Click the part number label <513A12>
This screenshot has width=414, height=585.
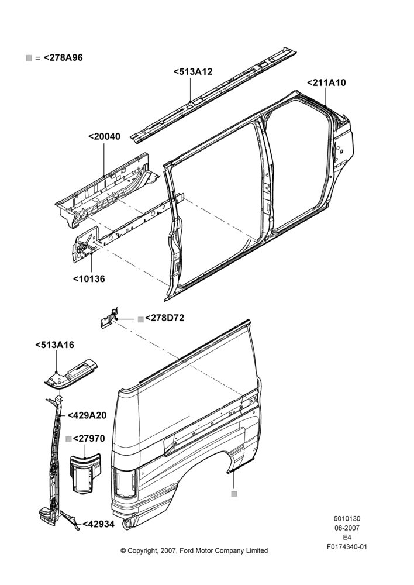click(193, 71)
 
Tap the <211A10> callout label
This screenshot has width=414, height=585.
click(326, 83)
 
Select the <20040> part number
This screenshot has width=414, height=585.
click(105, 136)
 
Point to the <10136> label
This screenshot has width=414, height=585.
click(89, 278)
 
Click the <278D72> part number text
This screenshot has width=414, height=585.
click(164, 318)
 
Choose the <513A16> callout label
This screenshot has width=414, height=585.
click(55, 345)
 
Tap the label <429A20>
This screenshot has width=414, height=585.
click(87, 415)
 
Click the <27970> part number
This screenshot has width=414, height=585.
click(89, 438)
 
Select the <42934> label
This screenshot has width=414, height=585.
click(98, 524)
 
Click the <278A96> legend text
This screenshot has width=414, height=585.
click(63, 58)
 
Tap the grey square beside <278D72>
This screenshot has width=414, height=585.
click(140, 319)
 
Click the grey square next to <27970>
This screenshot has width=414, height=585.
click(68, 439)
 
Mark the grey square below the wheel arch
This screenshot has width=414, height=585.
click(234, 494)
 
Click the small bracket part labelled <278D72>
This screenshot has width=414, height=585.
click(109, 319)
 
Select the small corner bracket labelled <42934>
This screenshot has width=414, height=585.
click(70, 519)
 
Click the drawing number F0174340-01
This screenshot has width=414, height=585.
click(347, 547)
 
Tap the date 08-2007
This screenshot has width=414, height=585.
click(347, 528)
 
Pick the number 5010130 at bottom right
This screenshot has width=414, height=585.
click(347, 518)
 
